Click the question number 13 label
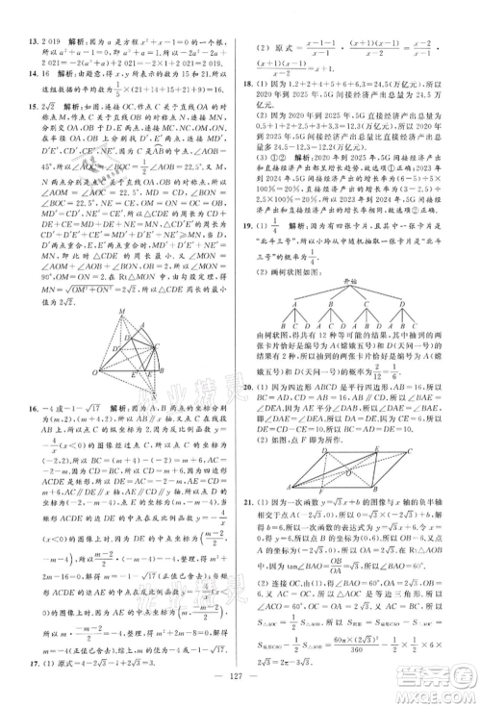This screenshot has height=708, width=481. tap(13, 42)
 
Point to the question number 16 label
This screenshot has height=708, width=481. tap(13, 407)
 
